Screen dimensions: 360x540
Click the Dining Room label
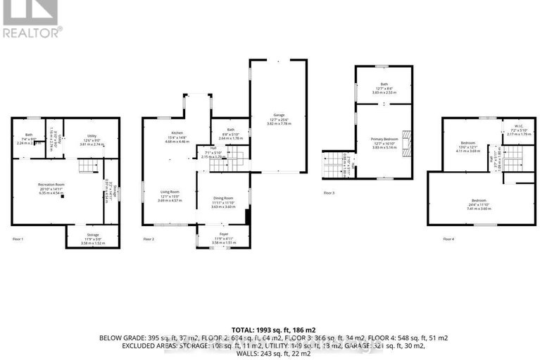(x=222, y=198)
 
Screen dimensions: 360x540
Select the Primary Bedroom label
(x=384, y=139)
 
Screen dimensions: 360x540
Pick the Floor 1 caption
(x=18, y=240)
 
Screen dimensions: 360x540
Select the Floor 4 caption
(x=448, y=240)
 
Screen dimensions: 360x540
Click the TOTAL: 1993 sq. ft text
(x=270, y=330)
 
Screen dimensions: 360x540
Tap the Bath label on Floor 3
(x=384, y=84)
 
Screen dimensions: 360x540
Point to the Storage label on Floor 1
(x=93, y=235)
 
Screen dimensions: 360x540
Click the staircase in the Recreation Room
(x=85, y=166)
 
